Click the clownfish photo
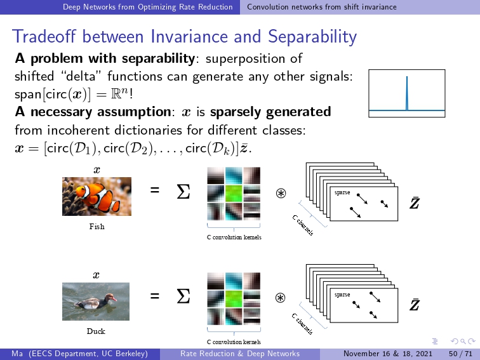pos(97,196)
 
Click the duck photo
pos(96,301)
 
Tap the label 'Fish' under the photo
pos(97,227)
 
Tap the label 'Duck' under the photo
pos(96,331)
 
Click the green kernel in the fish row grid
pos(234,194)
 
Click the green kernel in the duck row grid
pos(234,299)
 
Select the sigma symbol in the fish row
pos(183,192)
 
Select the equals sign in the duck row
pos(155,296)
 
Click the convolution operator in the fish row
pos(281,193)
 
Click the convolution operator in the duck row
pos(281,298)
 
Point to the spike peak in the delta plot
pos(407,77)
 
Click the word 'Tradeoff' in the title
pos(44,36)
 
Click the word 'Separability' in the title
pos(312,37)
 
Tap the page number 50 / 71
pos(461,354)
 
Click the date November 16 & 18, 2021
pos(388,354)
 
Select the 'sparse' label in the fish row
pos(342,192)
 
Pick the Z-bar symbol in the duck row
pos(414,304)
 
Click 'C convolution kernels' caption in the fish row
pos(234,237)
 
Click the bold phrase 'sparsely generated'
pos(270,112)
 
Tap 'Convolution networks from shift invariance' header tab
pos(322,7)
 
